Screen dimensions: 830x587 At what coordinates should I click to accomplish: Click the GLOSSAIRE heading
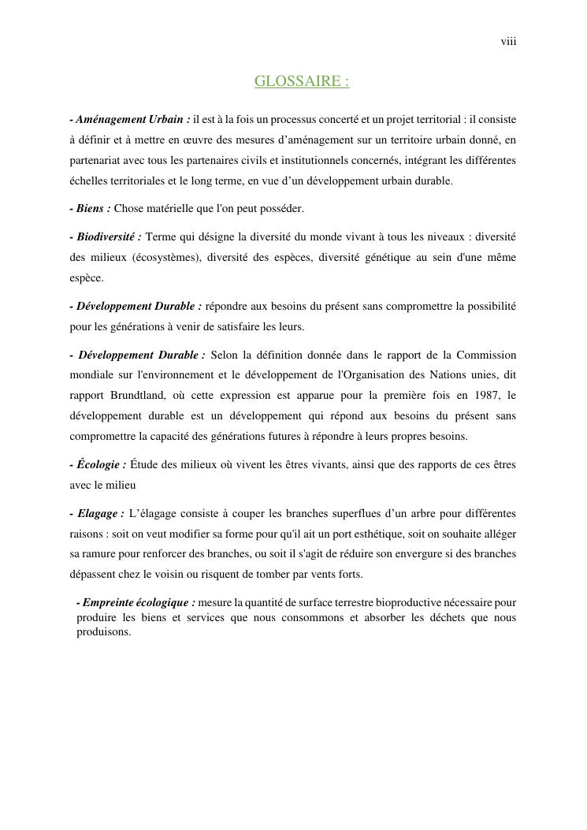[301, 81]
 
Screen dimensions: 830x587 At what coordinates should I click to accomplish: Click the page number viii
[508, 42]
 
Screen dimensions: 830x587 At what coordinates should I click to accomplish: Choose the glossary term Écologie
[102, 465]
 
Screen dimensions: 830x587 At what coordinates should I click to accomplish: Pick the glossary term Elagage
[100, 514]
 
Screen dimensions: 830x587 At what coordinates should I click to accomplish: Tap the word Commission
[486, 355]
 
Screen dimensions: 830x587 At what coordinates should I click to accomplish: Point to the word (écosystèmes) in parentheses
[161, 257]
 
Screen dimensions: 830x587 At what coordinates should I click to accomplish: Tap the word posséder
[280, 209]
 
